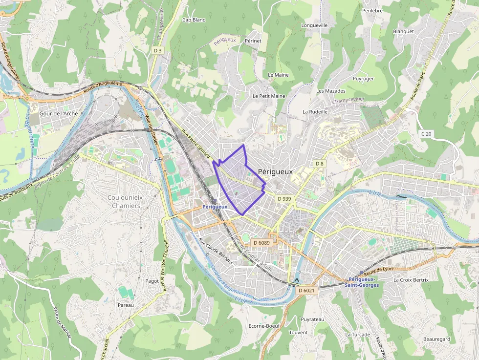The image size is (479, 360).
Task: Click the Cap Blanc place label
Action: tap(194, 20)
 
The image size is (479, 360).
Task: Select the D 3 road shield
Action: tap(157, 50)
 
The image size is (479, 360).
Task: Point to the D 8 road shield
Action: tap(319, 163)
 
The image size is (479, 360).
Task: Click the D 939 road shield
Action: tap(284, 199)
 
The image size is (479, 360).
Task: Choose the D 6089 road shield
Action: tap(261, 243)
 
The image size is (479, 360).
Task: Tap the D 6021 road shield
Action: tap(306, 290)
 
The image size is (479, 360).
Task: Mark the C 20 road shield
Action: tap(426, 134)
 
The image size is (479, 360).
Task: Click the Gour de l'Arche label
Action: tap(58, 113)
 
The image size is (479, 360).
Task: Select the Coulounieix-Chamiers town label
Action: tap(124, 201)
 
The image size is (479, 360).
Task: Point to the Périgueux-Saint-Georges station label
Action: tap(362, 282)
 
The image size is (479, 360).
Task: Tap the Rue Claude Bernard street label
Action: tap(216, 251)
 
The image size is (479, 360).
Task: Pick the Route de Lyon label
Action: tap(378, 269)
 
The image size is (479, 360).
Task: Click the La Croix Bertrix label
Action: tap(411, 280)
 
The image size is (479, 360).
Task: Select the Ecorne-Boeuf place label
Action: tap(264, 326)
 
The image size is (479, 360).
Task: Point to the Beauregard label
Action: tap(436, 339)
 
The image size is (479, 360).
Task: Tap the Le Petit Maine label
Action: tap(269, 96)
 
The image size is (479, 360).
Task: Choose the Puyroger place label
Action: tap(363, 79)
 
